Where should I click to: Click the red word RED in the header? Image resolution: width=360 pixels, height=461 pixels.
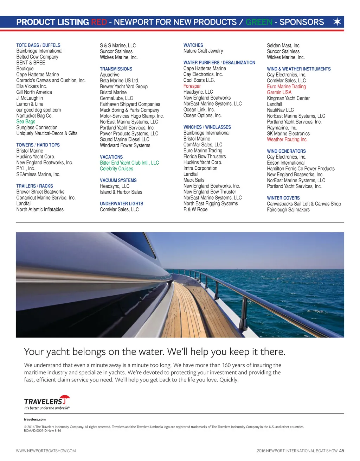[x=99, y=22]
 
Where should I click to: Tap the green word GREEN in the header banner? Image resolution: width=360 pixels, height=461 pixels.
[x=259, y=22]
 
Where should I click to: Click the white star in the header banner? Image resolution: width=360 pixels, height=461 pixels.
[x=337, y=22]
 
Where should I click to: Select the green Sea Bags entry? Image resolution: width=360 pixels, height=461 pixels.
[x=26, y=121]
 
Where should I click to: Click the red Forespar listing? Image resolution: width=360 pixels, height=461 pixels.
[x=192, y=86]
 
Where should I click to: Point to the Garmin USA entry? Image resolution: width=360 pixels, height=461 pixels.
[x=279, y=92]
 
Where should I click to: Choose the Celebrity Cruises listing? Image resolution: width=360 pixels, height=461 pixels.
[x=116, y=169]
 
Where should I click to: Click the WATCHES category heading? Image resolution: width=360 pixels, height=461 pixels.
[x=193, y=45]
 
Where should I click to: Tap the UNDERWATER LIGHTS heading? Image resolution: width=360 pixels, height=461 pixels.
[x=121, y=203]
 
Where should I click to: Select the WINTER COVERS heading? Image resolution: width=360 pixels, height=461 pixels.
[x=283, y=198]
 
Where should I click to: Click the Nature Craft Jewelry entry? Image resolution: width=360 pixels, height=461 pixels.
[x=203, y=51]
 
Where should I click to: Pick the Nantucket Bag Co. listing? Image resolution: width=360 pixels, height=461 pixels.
[x=34, y=115]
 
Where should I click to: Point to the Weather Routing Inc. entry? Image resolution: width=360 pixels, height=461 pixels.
[x=287, y=139]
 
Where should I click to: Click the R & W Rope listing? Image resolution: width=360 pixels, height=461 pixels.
[x=195, y=209]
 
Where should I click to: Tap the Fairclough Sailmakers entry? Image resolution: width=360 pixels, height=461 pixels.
[x=288, y=209]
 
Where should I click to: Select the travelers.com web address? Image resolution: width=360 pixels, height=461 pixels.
[x=34, y=419]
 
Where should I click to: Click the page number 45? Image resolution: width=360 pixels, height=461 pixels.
[x=342, y=450]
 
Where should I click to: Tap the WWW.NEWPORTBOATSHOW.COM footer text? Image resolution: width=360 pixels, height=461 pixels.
[x=46, y=450]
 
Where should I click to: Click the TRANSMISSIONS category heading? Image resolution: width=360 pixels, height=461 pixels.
[x=116, y=69]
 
